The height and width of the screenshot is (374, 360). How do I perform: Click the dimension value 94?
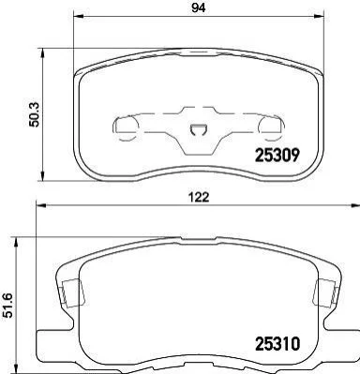click(199, 7)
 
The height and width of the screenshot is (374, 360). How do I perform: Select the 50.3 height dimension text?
click(34, 114)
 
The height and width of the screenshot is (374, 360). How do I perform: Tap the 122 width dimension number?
click(199, 197)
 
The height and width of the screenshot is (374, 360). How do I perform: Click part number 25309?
click(277, 156)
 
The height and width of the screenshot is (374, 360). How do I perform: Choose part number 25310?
click(277, 344)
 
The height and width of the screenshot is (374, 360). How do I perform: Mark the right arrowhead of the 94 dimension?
click(318, 15)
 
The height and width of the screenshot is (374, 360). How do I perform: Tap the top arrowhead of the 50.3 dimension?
click(43, 52)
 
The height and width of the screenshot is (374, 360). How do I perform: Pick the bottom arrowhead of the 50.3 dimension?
click(43, 176)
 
